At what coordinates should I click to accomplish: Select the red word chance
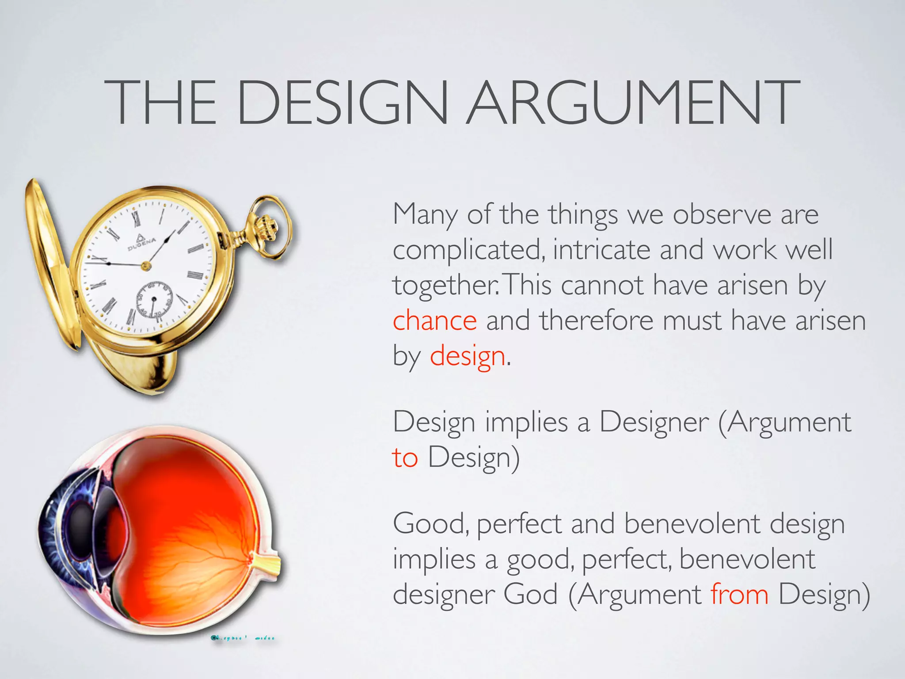pyautogui.click(x=435, y=320)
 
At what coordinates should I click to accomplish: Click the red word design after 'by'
pyautogui.click(x=468, y=356)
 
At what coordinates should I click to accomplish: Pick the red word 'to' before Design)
pyautogui.click(x=405, y=458)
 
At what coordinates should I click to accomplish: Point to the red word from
pyautogui.click(x=739, y=595)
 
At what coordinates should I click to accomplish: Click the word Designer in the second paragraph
pyautogui.click(x=654, y=423)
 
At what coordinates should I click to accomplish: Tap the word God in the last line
pyautogui.click(x=530, y=595)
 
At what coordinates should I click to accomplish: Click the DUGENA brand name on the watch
pyautogui.click(x=142, y=243)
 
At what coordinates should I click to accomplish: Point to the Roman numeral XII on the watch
pyautogui.click(x=136, y=217)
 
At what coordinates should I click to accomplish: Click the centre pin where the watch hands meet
pyautogui.click(x=146, y=266)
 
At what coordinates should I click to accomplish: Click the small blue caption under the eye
pyautogui.click(x=243, y=638)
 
